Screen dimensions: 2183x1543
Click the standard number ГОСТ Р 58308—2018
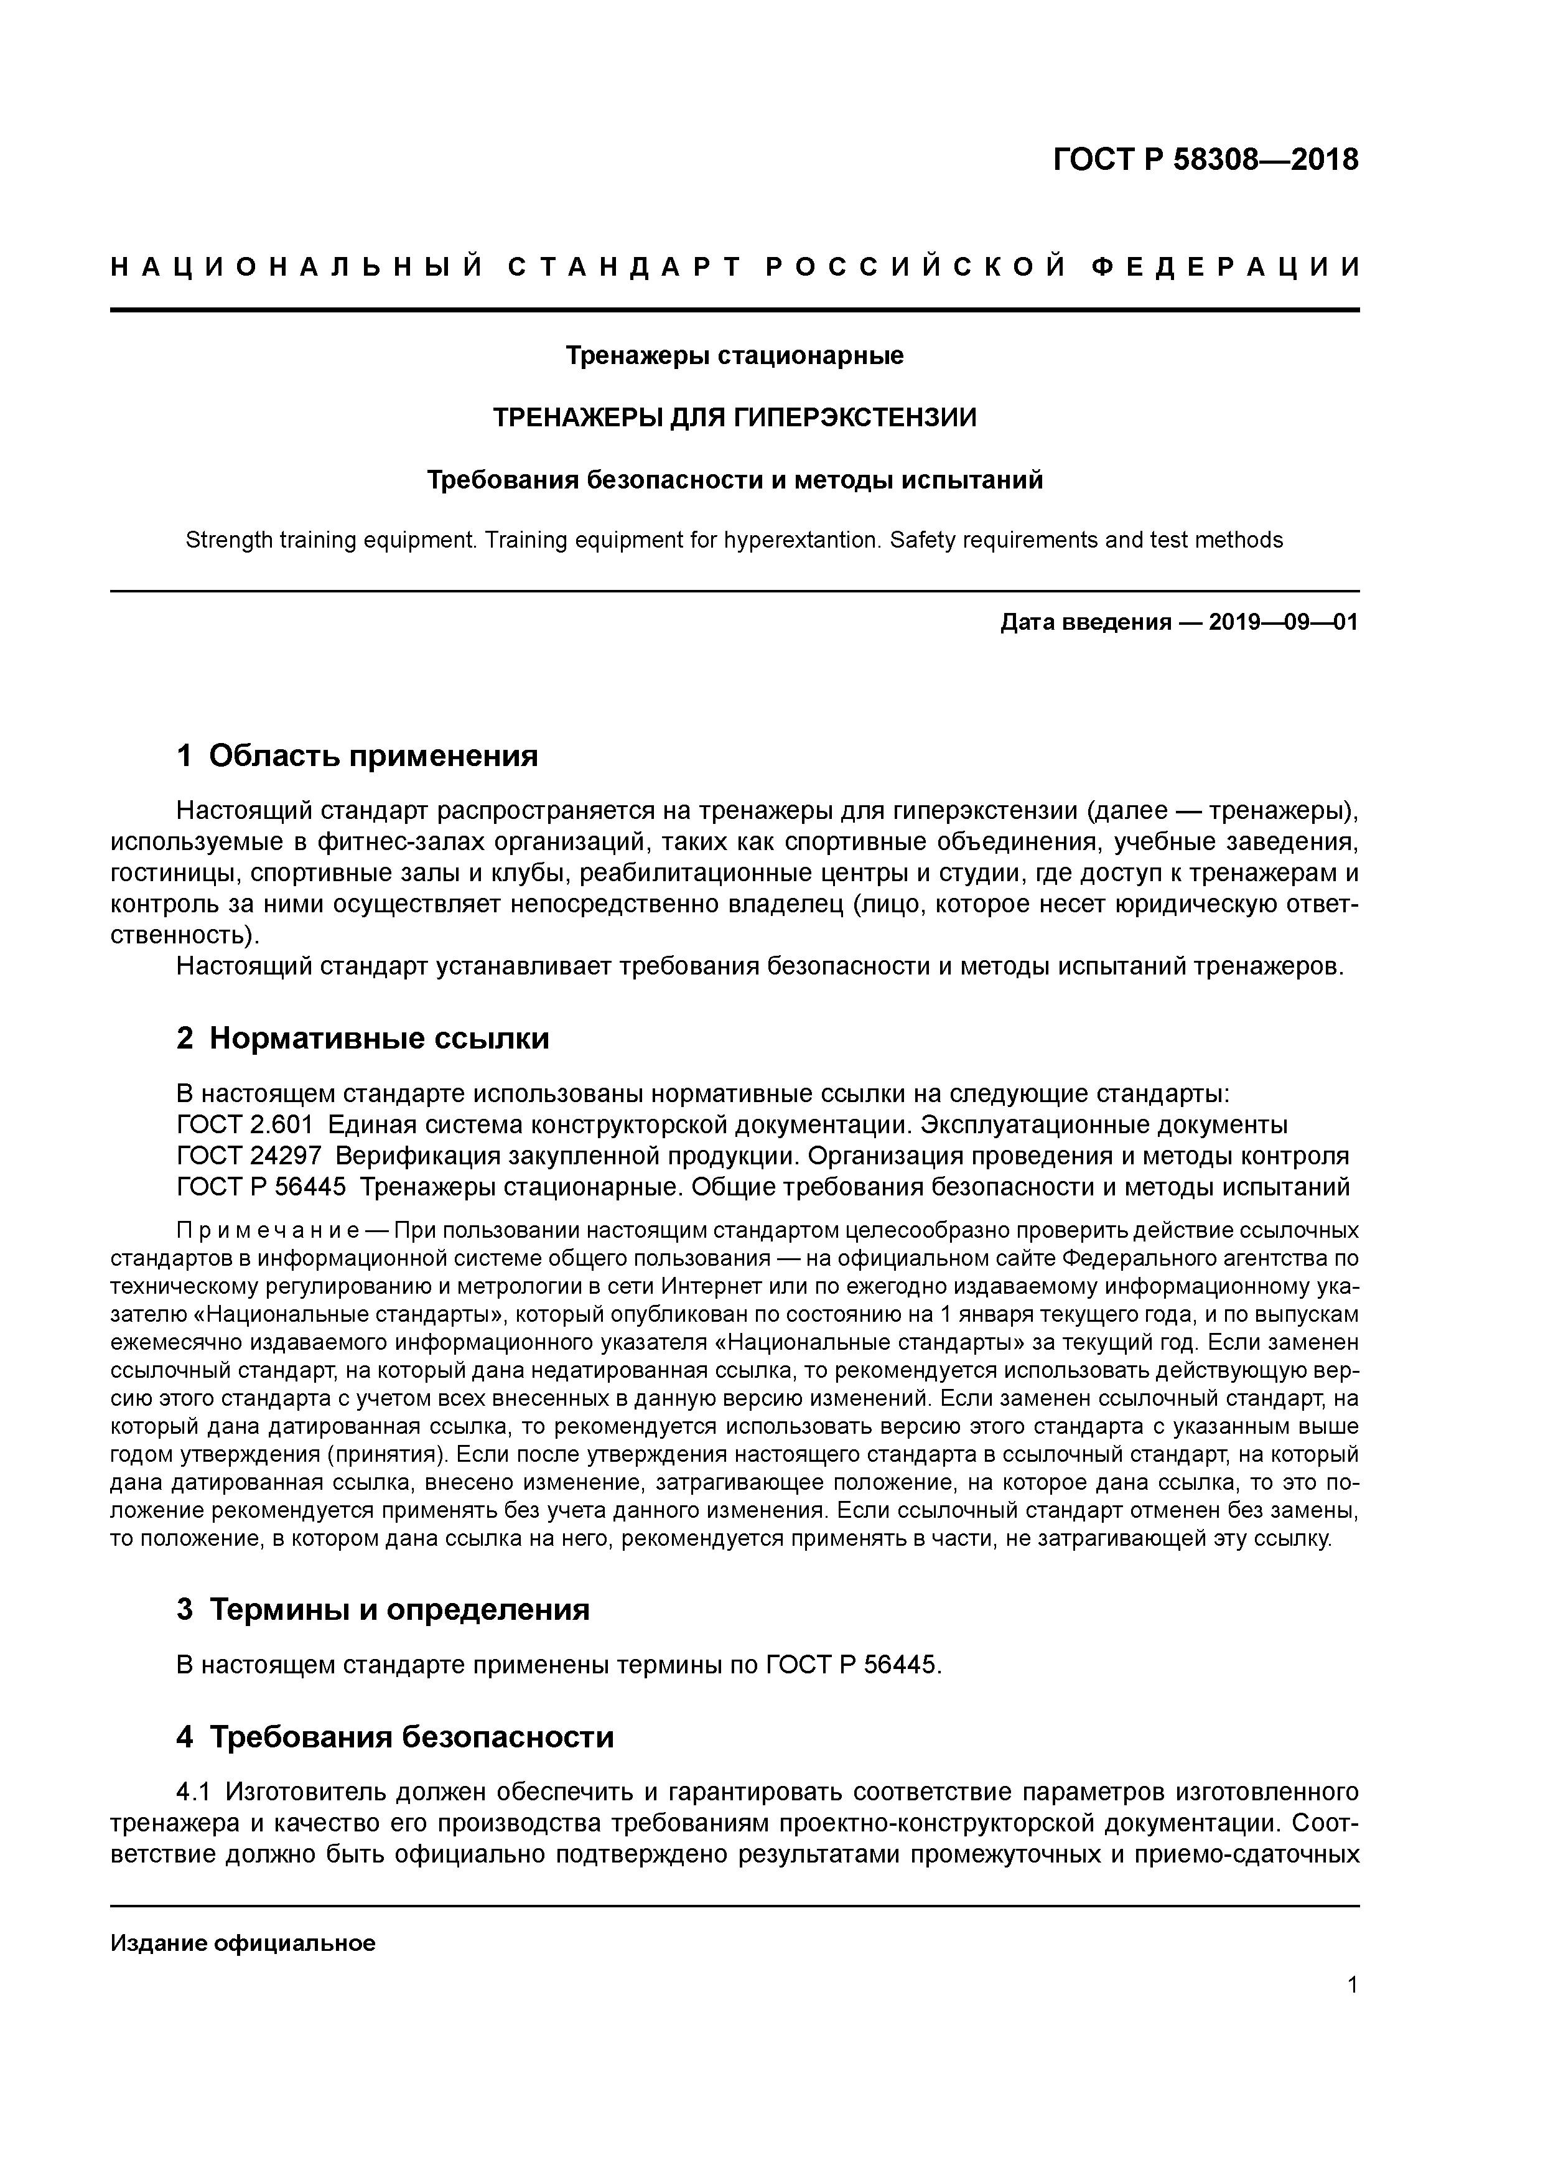1206,160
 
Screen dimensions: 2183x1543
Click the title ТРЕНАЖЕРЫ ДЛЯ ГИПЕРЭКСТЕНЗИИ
734,418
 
